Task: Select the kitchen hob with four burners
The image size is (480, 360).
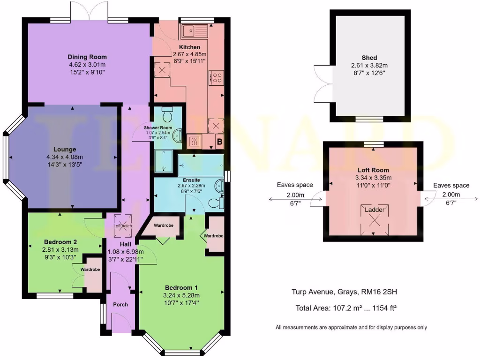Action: click(217, 77)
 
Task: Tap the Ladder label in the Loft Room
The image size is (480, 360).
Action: click(374, 210)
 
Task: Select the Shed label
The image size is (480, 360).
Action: click(369, 58)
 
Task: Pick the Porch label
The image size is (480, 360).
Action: click(120, 304)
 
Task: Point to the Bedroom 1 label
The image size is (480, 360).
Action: click(181, 287)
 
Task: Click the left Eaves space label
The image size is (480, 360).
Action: click(294, 185)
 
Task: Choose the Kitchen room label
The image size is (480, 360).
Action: click(189, 47)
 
